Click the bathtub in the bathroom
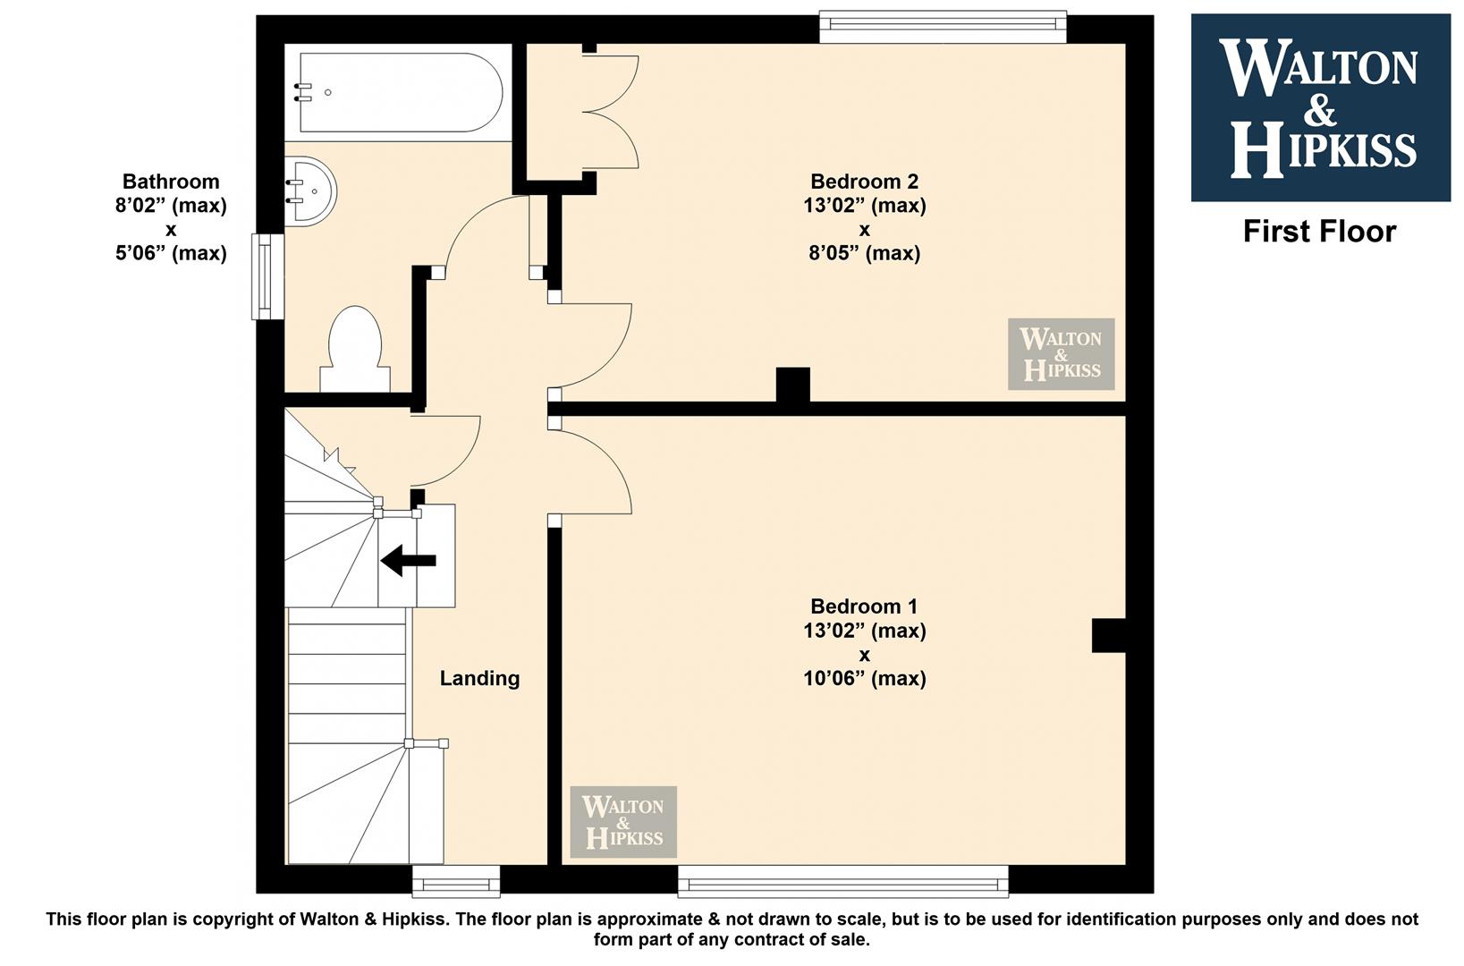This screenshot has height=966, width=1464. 401,92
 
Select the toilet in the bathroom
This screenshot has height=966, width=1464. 355,349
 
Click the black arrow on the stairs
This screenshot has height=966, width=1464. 409,561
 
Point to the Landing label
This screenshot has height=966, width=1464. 479,678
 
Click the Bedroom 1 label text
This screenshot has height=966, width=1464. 864,606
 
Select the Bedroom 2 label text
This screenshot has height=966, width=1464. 864,181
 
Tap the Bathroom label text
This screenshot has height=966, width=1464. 171,181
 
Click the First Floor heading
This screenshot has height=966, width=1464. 1319,232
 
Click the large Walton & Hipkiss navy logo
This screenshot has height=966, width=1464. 1321,108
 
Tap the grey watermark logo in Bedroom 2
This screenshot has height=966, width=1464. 1061,354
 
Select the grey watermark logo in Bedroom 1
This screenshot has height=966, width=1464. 623,822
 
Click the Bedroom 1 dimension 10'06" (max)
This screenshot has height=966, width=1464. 864,678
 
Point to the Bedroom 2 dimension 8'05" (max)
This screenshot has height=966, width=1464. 864,253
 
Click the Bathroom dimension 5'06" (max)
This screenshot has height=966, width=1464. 171,253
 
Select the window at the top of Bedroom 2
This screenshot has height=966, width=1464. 944,27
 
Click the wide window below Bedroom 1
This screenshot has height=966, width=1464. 843,880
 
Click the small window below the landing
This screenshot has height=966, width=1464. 456,881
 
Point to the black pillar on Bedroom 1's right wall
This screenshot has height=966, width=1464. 1108,635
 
